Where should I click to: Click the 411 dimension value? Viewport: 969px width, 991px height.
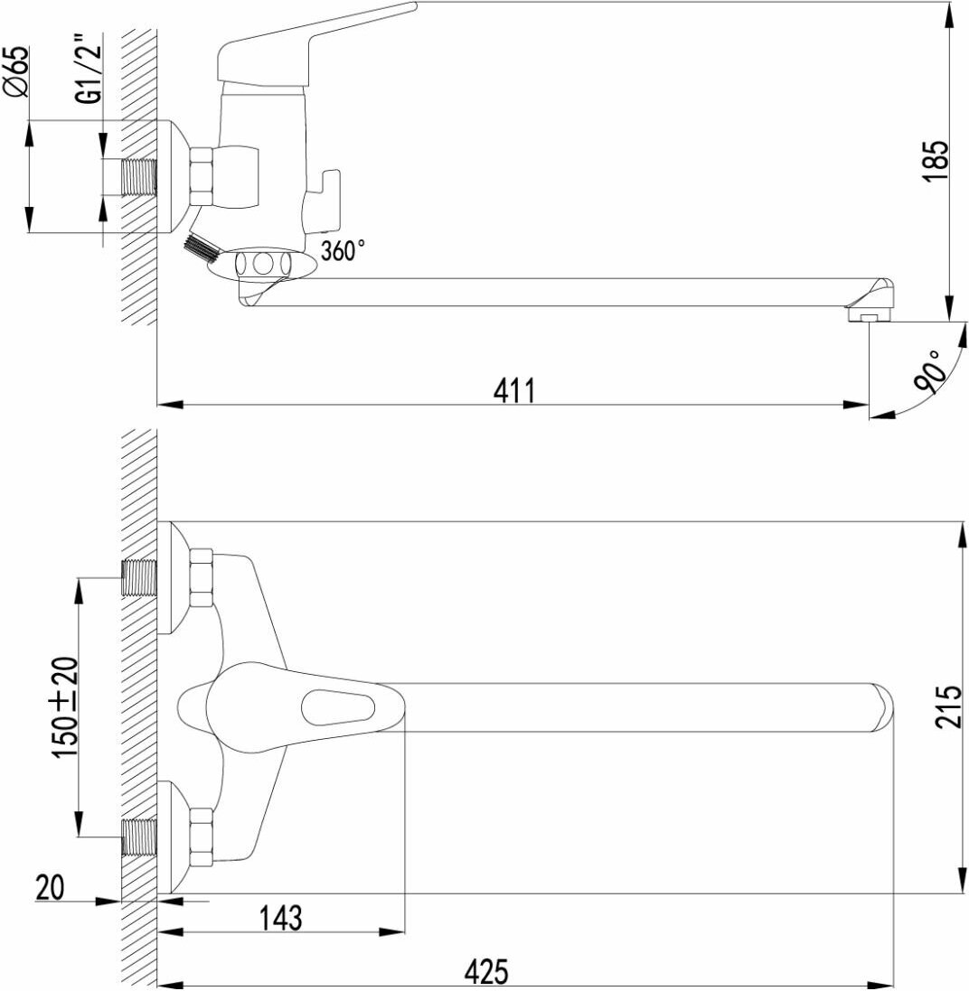coord(514,389)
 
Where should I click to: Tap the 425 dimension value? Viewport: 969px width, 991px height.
coord(487,971)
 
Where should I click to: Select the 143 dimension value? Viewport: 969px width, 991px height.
coord(280,918)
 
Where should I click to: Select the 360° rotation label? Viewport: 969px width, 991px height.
coord(343,251)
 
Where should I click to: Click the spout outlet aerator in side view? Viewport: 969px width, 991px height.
coord(868,316)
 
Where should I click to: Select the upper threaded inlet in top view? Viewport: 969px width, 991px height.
coord(139,578)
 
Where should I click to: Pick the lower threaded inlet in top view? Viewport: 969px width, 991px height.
coord(139,837)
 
